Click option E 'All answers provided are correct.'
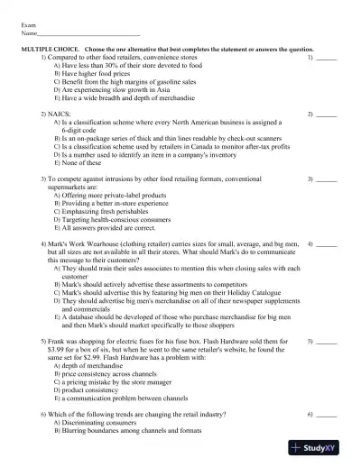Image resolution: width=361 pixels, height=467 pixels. coord(109,227)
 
